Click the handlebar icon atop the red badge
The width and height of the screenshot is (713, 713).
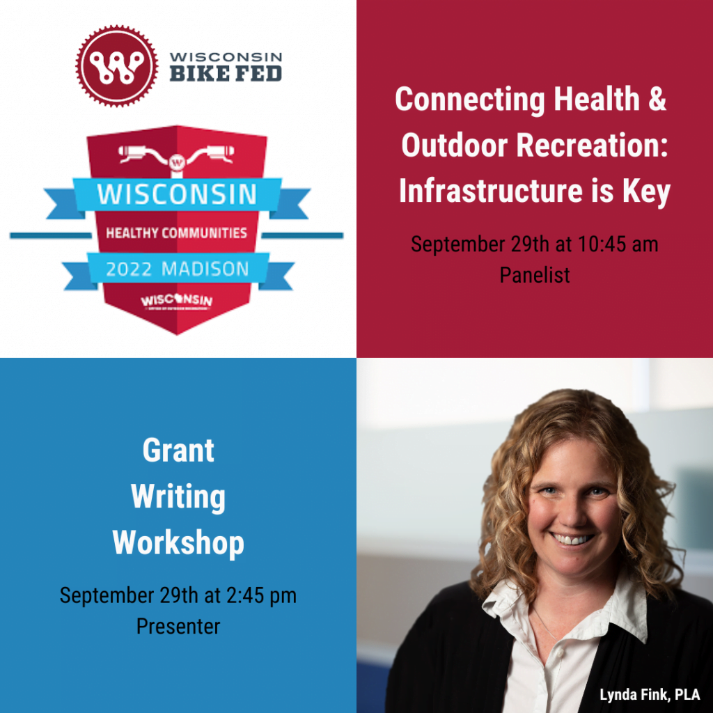[x=177, y=154]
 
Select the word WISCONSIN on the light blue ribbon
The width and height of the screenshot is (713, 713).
[x=177, y=194]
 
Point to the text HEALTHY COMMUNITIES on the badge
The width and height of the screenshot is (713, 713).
[x=177, y=233]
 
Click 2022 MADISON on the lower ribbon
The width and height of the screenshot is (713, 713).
[x=177, y=269]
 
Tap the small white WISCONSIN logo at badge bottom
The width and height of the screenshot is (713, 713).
[x=177, y=301]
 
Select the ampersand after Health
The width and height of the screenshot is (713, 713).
[x=657, y=100]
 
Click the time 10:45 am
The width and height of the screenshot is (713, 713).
[x=616, y=244]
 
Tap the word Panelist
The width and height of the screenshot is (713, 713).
[x=535, y=275]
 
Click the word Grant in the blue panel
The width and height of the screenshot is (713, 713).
[x=178, y=450]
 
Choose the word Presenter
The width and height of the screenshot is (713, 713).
[x=178, y=626]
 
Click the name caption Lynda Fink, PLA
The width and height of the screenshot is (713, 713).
[x=650, y=695]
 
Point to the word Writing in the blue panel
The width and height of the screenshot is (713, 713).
[x=178, y=496]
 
